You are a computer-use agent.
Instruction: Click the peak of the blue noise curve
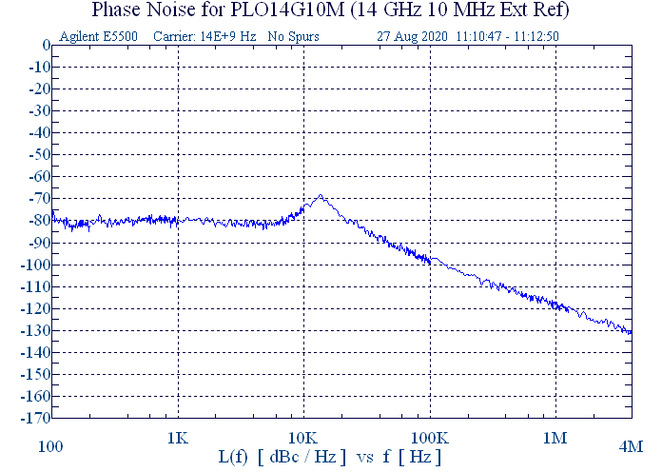[x=321, y=196]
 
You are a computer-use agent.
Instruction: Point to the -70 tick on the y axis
[x=38, y=199]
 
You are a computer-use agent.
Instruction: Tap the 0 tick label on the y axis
[x=45, y=46]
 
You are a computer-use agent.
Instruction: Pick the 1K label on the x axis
[x=178, y=439]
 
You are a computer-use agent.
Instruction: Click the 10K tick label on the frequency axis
[x=303, y=439]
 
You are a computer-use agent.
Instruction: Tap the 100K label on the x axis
[x=430, y=439]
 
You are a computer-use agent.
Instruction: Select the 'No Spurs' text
[x=293, y=36]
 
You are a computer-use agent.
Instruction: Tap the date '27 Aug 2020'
[x=412, y=36]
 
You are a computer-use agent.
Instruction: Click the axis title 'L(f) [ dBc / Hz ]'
[x=282, y=458]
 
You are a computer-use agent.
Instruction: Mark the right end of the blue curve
[x=631, y=332]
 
